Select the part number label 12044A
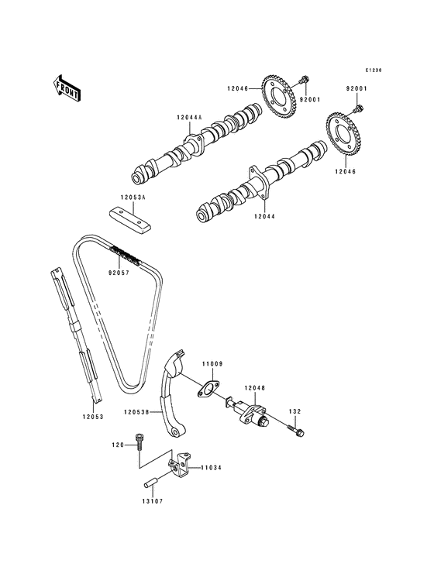(x=188, y=117)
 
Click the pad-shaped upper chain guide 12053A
(x=130, y=219)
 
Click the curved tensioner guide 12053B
(x=175, y=394)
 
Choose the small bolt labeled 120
(x=139, y=441)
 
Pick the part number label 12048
(x=255, y=387)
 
